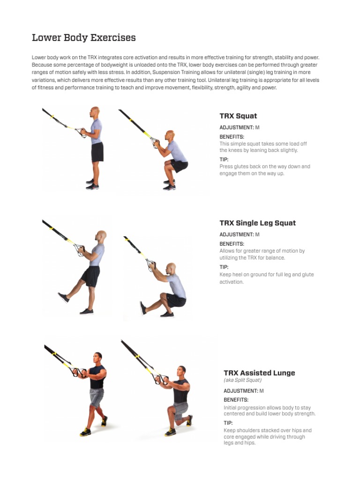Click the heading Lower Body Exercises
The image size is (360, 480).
pyautogui.click(x=83, y=38)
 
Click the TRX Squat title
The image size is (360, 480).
pyautogui.click(x=238, y=116)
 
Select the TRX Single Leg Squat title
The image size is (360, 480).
pyautogui.click(x=257, y=223)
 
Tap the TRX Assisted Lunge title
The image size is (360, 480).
pyautogui.click(x=259, y=373)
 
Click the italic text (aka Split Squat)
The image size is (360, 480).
pyautogui.click(x=242, y=380)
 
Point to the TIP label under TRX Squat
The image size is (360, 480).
pyautogui.click(x=224, y=159)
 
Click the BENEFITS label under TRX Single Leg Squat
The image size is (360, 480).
pyautogui.click(x=232, y=244)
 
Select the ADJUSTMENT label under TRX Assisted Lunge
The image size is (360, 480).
pyautogui.click(x=240, y=391)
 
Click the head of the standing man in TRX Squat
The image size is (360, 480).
pyautogui.click(x=95, y=112)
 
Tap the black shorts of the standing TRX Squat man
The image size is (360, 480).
pyautogui.click(x=97, y=151)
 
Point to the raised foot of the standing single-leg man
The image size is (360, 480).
pyautogui.click(x=63, y=298)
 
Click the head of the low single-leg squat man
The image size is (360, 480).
pyautogui.click(x=171, y=269)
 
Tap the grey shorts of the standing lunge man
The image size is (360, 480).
pyautogui.click(x=97, y=397)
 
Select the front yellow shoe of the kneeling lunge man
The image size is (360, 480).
pyautogui.click(x=170, y=432)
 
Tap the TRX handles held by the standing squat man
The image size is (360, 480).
pyautogui.click(x=81, y=132)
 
